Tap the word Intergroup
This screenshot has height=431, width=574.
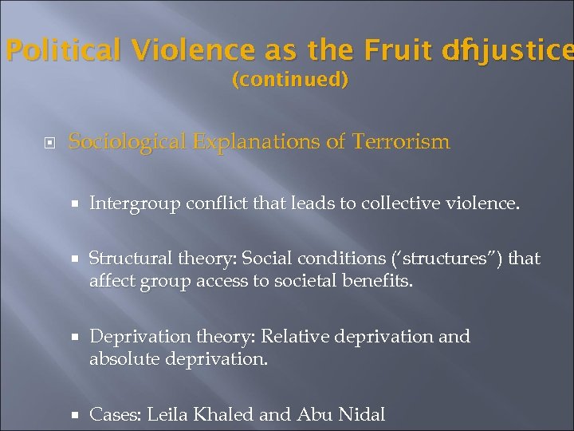135,204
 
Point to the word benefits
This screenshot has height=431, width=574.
381,281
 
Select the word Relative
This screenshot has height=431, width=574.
294,337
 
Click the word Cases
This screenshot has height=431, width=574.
114,414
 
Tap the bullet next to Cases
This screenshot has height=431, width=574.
75,415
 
